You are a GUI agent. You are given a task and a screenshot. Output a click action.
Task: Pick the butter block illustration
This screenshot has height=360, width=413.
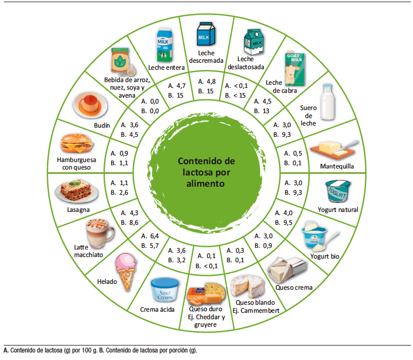point(336,148)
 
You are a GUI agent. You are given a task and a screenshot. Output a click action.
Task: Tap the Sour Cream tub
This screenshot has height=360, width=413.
point(164,290)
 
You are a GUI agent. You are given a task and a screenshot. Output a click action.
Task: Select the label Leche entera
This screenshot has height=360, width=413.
point(166,68)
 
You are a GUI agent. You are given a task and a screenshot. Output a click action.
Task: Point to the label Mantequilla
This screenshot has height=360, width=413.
point(337,166)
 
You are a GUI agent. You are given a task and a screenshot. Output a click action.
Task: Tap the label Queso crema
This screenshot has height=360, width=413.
point(293,288)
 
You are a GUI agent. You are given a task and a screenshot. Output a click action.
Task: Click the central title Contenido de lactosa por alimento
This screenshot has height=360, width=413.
point(207,172)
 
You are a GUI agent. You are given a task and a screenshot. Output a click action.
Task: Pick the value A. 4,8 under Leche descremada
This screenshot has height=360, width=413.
point(207,82)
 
